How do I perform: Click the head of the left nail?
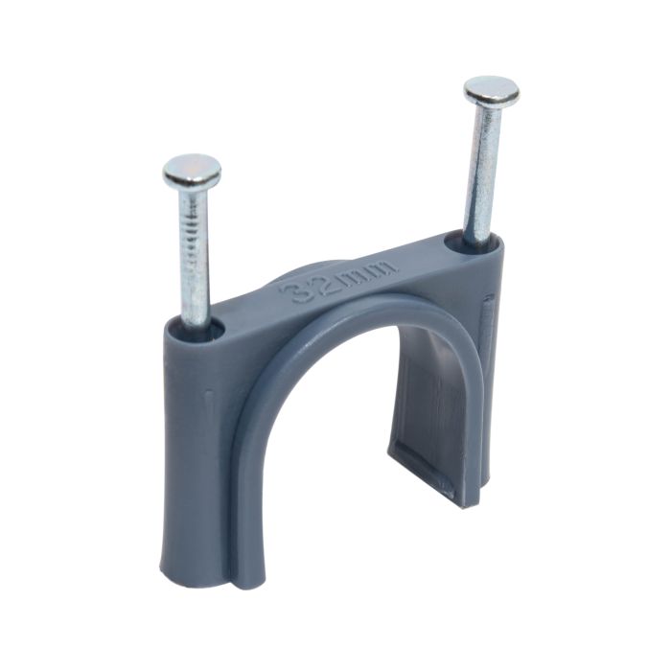(x=192, y=172)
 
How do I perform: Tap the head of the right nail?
(x=492, y=92)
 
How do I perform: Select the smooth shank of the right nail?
(x=482, y=173)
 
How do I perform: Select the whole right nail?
(x=484, y=163)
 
